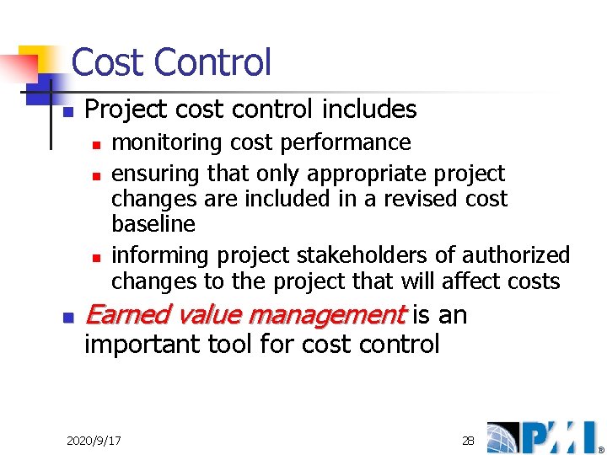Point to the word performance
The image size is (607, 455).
[x=353, y=142]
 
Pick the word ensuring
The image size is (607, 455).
[x=153, y=174]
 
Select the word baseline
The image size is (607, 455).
[x=153, y=224]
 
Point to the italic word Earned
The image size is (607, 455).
[x=123, y=315]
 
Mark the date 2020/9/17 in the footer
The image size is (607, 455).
[x=94, y=441]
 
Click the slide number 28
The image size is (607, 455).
[x=468, y=441]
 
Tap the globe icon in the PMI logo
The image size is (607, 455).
[x=502, y=437]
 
